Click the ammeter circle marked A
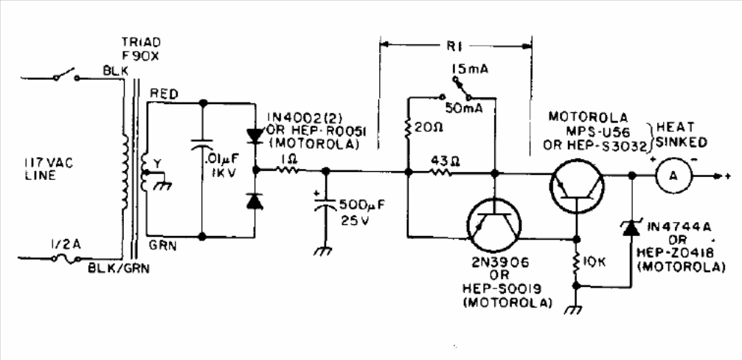click(x=670, y=176)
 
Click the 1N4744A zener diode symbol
click(x=631, y=229)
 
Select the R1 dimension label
click(x=455, y=41)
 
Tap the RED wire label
click(x=162, y=92)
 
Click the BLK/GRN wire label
click(x=119, y=269)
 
